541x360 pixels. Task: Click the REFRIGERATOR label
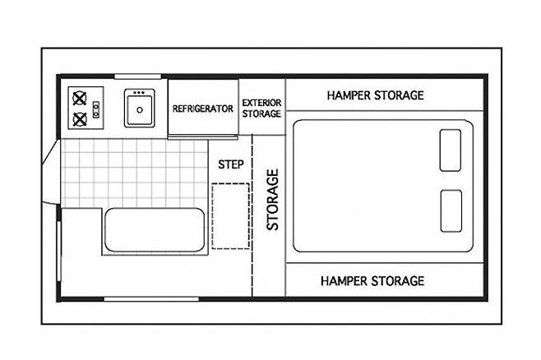pyautogui.click(x=203, y=108)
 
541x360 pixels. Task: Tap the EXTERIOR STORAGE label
pyautogui.click(x=261, y=108)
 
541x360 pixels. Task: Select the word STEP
pyautogui.click(x=231, y=164)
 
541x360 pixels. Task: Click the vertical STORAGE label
pyautogui.click(x=273, y=200)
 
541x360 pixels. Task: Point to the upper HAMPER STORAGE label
pyautogui.click(x=376, y=95)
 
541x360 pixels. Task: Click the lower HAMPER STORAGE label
pyautogui.click(x=372, y=281)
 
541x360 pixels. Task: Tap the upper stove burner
pyautogui.click(x=80, y=98)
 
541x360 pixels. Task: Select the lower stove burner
pyautogui.click(x=80, y=120)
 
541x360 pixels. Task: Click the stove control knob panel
pyautogui.click(x=96, y=109)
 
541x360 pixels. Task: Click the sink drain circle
pyautogui.click(x=140, y=110)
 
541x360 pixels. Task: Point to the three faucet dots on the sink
pyautogui.click(x=139, y=93)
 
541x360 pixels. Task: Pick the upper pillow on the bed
pyautogui.click(x=451, y=150)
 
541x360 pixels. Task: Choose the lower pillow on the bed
pyautogui.click(x=451, y=211)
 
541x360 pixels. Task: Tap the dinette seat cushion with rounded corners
pyautogui.click(x=155, y=229)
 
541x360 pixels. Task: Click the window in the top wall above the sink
pyautogui.click(x=137, y=76)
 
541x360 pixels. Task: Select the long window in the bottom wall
pyautogui.click(x=151, y=299)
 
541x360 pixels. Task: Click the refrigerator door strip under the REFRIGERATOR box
pyautogui.click(x=203, y=137)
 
